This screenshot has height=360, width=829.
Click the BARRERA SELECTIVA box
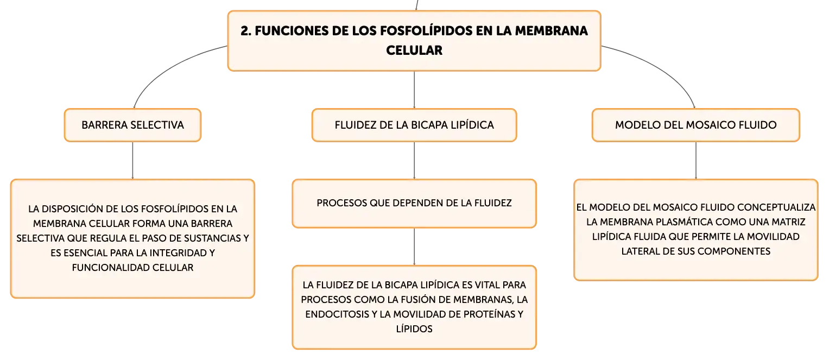(x=132, y=125)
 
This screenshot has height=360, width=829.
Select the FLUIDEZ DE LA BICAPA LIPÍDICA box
(x=414, y=125)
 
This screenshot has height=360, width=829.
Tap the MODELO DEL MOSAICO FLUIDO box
(x=696, y=125)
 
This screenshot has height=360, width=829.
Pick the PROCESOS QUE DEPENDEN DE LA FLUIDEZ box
(x=414, y=204)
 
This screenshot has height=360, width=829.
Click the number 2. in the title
(x=246, y=31)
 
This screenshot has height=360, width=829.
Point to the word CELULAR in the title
(x=414, y=50)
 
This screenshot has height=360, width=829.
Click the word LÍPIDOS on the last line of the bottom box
(x=414, y=329)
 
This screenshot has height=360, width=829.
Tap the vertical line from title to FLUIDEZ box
(x=414, y=90)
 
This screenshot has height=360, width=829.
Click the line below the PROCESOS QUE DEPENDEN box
(x=414, y=247)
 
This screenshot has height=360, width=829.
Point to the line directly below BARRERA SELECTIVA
(x=132, y=161)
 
